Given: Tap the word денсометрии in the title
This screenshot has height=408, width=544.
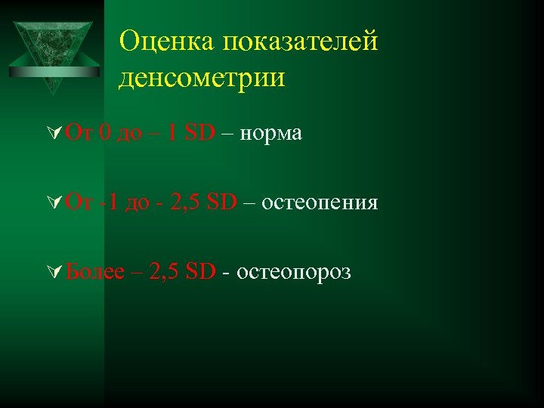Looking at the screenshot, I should click(x=202, y=78).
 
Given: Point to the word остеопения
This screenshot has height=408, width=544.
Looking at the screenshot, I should click(x=320, y=202).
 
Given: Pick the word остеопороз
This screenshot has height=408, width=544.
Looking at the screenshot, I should click(x=294, y=272).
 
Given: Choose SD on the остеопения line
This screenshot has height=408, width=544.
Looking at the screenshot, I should click(x=221, y=202).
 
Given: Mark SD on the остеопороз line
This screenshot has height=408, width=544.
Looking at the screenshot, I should click(x=199, y=272).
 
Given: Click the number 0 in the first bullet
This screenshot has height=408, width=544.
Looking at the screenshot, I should click(x=104, y=134).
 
